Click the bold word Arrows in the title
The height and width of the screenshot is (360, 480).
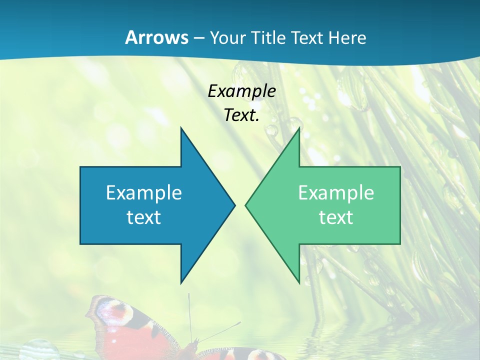156,37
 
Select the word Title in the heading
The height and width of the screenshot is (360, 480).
268,38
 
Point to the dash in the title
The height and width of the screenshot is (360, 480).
198,38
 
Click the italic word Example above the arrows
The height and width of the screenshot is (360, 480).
241,91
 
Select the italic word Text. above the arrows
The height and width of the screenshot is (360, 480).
241,115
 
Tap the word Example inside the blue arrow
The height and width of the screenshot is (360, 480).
143,192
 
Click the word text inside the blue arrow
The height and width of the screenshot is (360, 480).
143,217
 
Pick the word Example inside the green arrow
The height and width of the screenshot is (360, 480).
336,192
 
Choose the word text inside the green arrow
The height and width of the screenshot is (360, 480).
336,217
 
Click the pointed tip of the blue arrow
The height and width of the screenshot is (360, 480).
234,205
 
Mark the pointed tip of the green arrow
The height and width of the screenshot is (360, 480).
246,205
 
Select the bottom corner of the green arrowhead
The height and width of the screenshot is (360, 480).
299,283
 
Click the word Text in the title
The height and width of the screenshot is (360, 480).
307,38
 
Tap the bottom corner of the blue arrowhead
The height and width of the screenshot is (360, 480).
181,283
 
